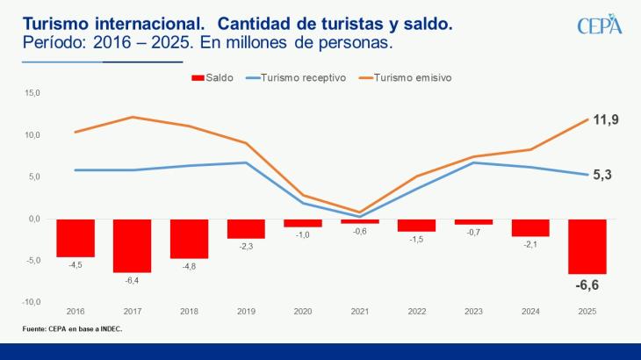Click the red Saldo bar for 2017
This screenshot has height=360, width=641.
(x=132, y=245)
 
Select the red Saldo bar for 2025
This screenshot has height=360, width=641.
(x=587, y=246)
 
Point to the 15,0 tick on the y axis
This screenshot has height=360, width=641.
(x=32, y=92)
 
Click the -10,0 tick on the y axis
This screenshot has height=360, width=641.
(x=31, y=301)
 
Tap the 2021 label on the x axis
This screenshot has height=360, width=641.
(x=359, y=312)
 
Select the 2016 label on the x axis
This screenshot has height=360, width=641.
(x=75, y=312)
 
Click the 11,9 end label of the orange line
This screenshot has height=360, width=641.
(x=608, y=119)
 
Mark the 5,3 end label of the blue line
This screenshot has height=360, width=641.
(x=602, y=175)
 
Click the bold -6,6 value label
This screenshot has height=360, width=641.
(x=587, y=285)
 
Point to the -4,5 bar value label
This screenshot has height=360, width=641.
(x=76, y=264)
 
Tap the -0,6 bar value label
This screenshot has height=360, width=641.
(x=360, y=231)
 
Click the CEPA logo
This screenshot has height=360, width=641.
(x=599, y=25)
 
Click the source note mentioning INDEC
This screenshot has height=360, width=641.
(x=72, y=329)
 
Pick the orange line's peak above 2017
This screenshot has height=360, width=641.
(x=132, y=117)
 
